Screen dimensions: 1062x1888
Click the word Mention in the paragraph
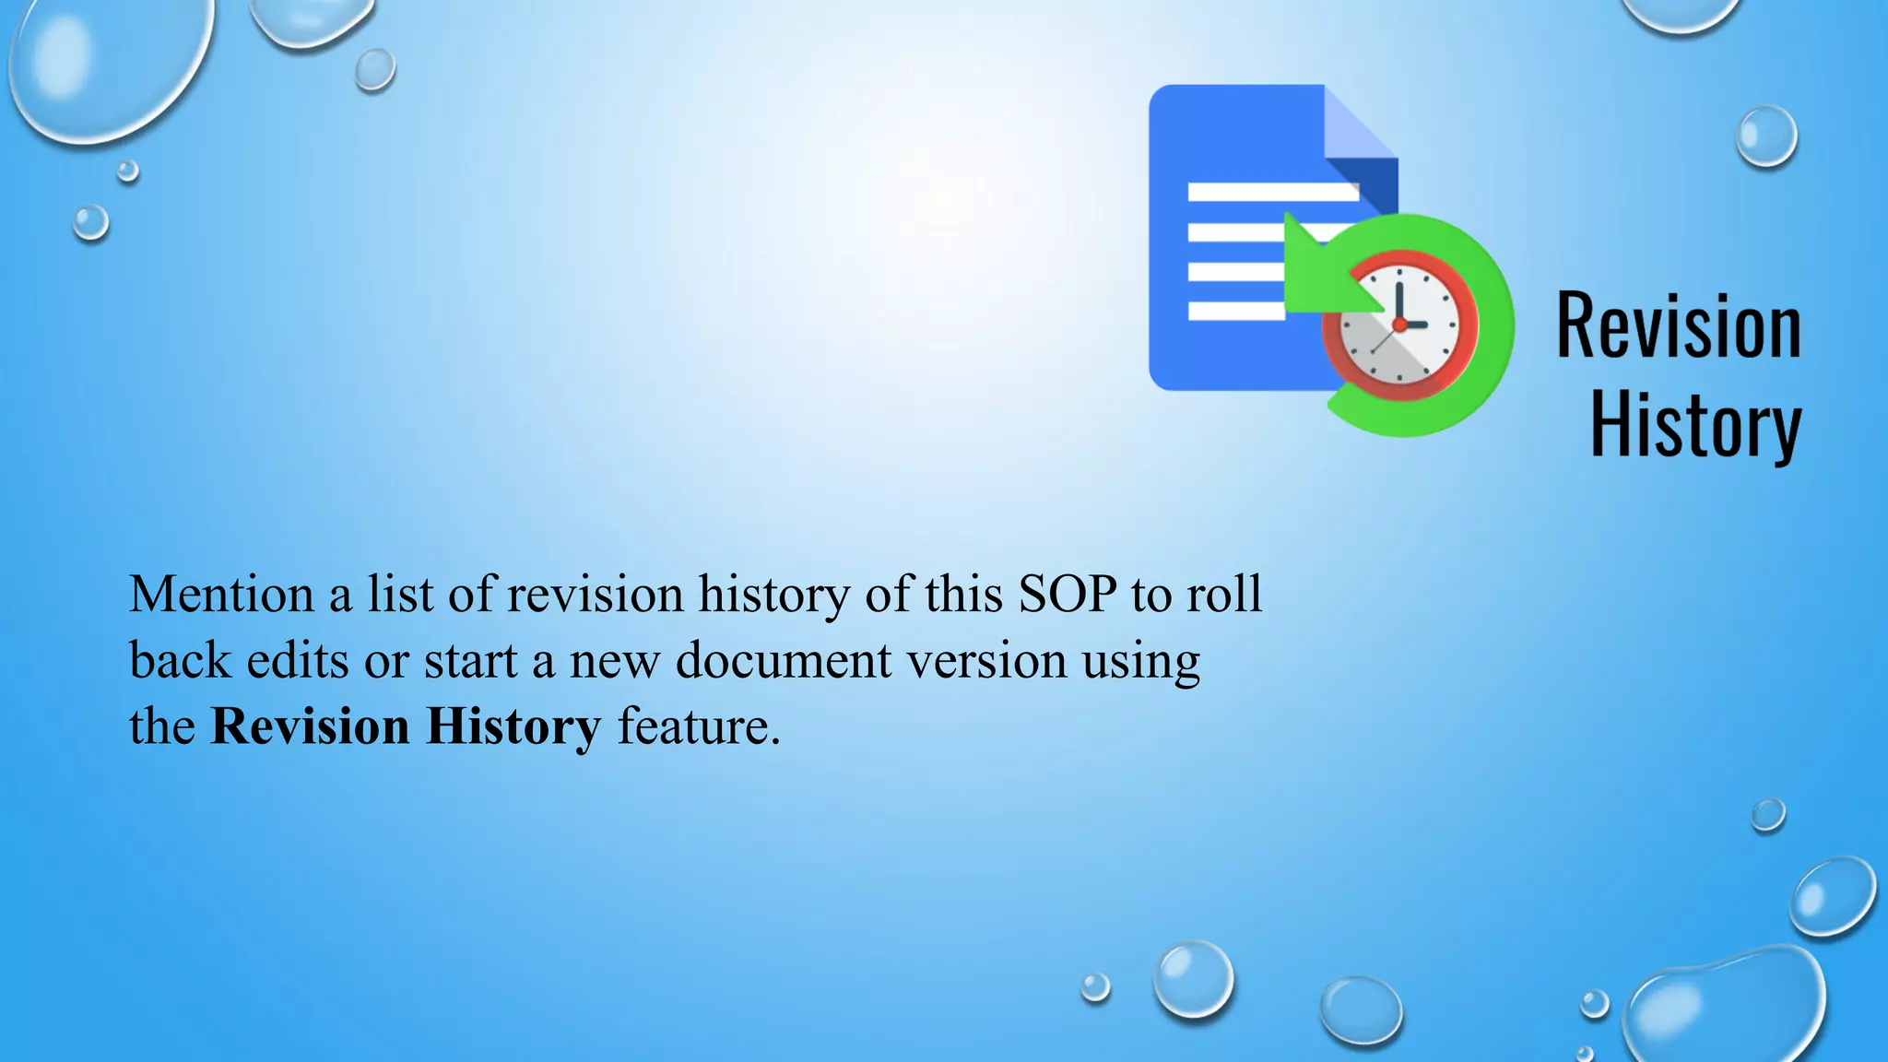click(x=221, y=595)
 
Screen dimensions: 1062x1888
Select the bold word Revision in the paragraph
click(x=310, y=727)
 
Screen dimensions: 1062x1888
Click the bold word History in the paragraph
click(x=513, y=727)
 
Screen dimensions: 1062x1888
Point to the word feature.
click(x=697, y=727)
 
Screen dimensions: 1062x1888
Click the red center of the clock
click(x=1399, y=324)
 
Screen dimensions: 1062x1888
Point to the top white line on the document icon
click(x=1272, y=192)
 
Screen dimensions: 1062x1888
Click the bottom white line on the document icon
click(x=1235, y=311)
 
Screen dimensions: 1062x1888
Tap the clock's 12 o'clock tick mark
click(x=1399, y=273)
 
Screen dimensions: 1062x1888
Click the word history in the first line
click(x=773, y=595)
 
